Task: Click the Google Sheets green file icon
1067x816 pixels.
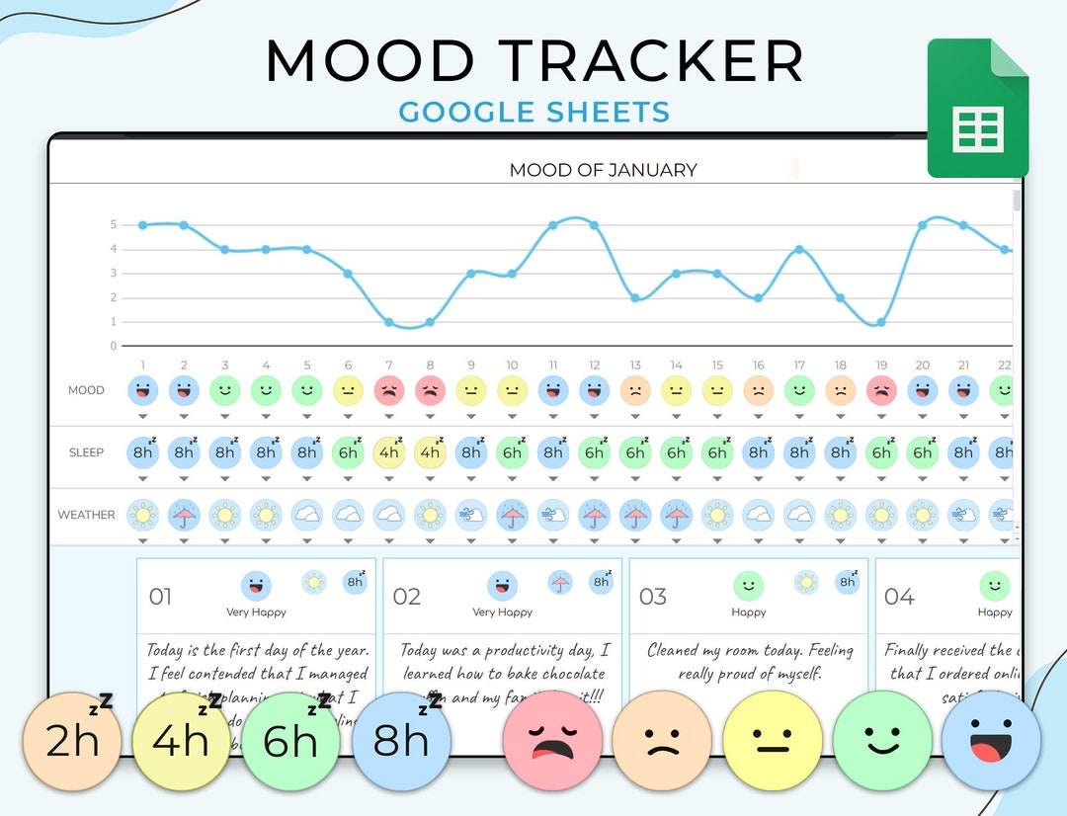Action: coord(978,109)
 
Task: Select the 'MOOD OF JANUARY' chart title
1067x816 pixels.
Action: coord(603,170)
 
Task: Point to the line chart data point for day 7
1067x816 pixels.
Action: coord(389,322)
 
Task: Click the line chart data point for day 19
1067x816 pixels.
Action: coord(880,322)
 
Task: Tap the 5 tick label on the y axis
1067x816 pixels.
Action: coord(114,224)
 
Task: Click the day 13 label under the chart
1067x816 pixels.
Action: coord(635,366)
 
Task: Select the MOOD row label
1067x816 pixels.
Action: coord(86,390)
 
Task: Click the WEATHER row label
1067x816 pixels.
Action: coord(86,515)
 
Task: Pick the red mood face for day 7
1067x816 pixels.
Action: coord(389,390)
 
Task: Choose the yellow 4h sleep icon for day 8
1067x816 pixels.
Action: coord(430,452)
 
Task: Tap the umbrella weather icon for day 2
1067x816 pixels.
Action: coord(184,515)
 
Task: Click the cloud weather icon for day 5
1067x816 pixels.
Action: coord(307,515)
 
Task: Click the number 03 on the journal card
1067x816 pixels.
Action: coord(653,597)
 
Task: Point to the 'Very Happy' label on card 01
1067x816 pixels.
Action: coord(256,612)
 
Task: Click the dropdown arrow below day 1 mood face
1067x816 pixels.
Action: coord(143,417)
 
